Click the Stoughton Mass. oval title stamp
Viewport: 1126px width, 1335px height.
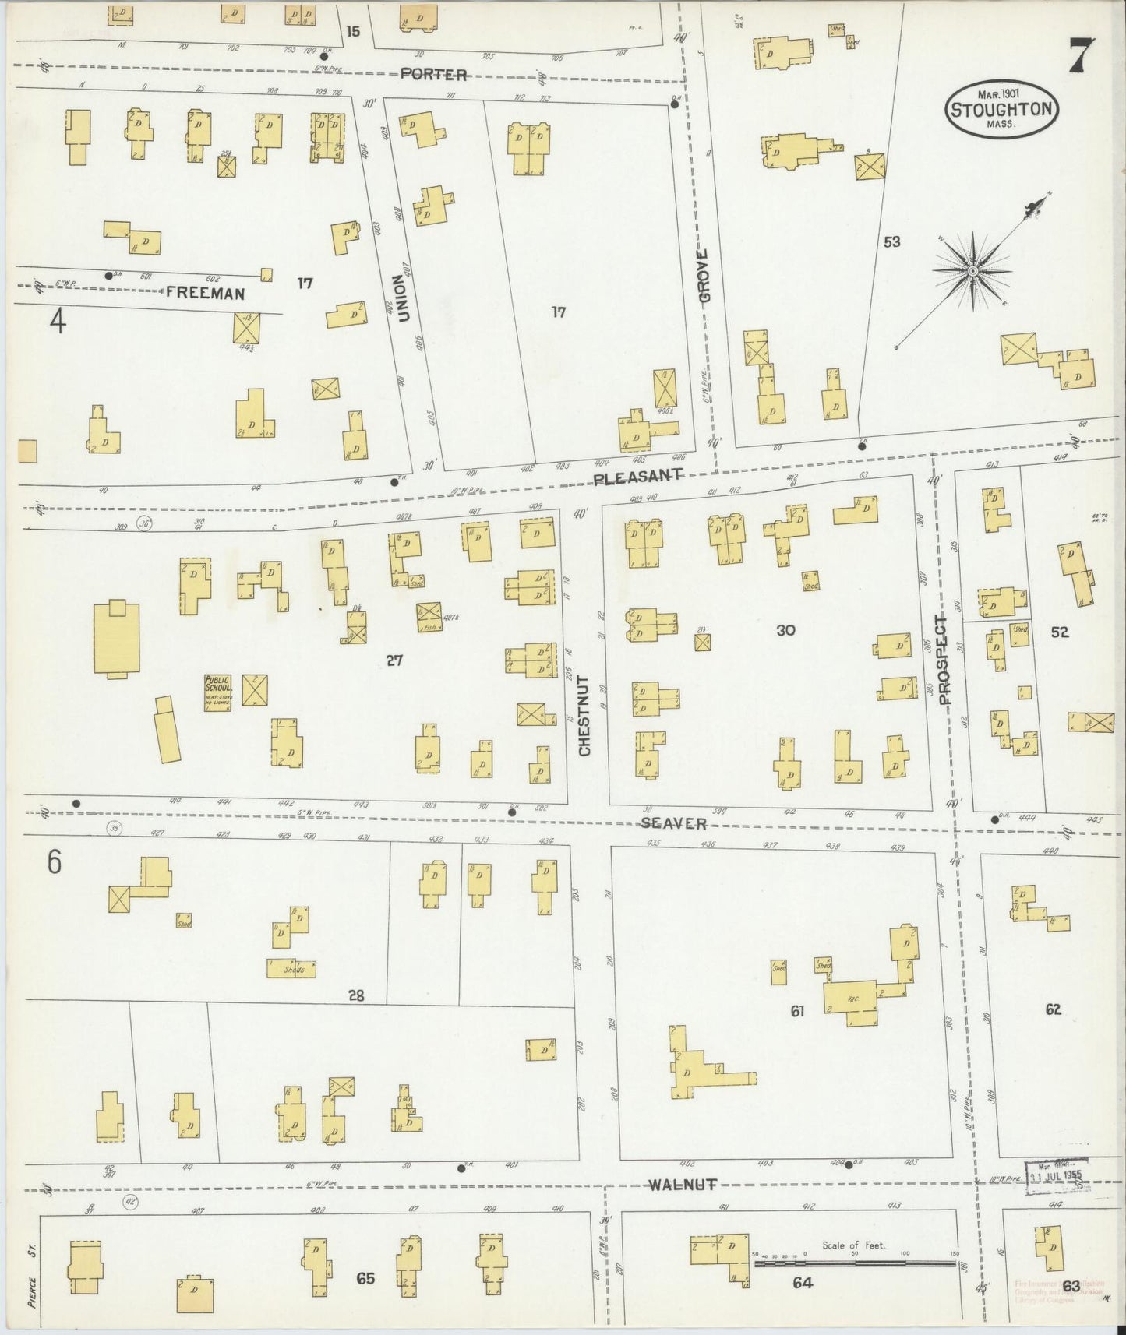(x=1002, y=109)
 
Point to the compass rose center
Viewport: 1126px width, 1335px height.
(x=972, y=270)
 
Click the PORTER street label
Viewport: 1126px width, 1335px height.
(x=434, y=75)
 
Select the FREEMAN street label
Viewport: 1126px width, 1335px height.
(x=205, y=294)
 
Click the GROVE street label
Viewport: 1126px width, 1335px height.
(x=704, y=277)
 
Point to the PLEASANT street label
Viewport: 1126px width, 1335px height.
(x=638, y=477)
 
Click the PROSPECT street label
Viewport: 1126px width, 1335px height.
(x=945, y=660)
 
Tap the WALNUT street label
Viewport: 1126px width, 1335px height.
(x=682, y=1185)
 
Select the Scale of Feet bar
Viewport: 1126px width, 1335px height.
(x=853, y=1260)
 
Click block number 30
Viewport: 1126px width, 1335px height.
(x=785, y=630)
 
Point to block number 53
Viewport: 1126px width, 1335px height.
(x=891, y=242)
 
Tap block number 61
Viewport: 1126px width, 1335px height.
(x=796, y=1011)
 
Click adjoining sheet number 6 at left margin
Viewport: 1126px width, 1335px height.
(x=54, y=862)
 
